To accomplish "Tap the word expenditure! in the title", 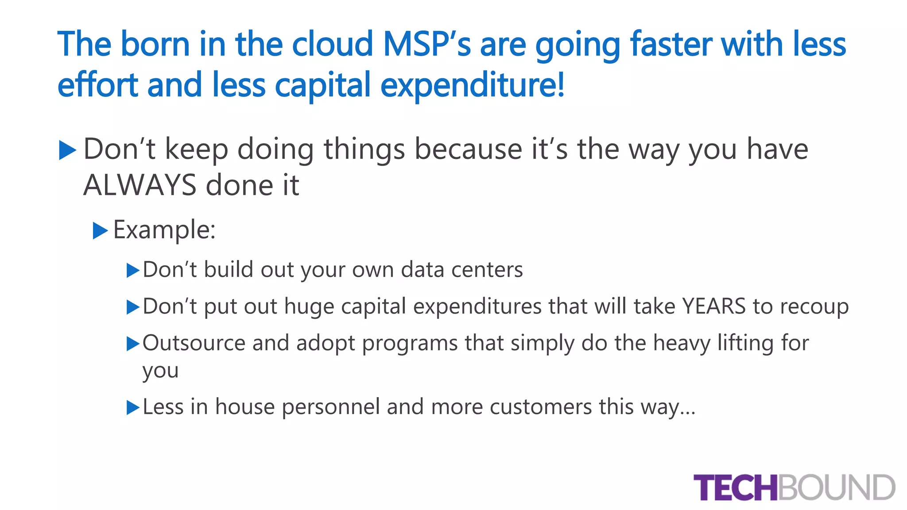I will (472, 85).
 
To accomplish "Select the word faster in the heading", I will (670, 44).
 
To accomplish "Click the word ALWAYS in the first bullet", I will (140, 185).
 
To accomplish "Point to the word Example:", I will (164, 230).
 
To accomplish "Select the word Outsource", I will (194, 343).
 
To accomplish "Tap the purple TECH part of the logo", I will (735, 487).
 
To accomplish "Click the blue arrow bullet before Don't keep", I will (67, 150).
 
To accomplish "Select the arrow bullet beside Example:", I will (100, 231).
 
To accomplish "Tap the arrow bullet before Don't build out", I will (132, 270).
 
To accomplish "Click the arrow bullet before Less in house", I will (132, 408).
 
